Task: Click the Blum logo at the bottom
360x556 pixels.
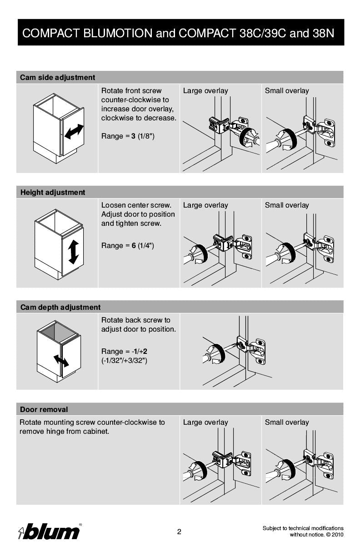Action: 50,531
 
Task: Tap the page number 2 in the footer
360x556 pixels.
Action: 179,532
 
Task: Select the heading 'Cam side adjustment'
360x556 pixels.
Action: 57,78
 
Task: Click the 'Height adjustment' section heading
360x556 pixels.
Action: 53,193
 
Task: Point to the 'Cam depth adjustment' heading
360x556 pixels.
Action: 60,308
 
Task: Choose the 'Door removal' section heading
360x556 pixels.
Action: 44,410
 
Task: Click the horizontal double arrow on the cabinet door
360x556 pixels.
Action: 74,132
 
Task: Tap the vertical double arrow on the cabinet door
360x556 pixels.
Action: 73,252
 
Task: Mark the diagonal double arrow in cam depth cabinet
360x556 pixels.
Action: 61,361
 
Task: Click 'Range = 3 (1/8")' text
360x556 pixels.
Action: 128,136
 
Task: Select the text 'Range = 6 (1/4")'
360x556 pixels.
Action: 128,246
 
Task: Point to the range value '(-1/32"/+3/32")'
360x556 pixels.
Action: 124,361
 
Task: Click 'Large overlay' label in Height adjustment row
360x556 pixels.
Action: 205,205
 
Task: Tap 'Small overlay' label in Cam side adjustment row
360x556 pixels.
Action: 287,91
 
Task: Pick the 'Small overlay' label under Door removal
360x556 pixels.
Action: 287,422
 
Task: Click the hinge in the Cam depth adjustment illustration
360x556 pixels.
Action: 251,349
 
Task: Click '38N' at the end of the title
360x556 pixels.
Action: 323,33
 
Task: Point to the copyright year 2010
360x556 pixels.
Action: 337,535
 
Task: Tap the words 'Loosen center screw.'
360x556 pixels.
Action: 136,205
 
